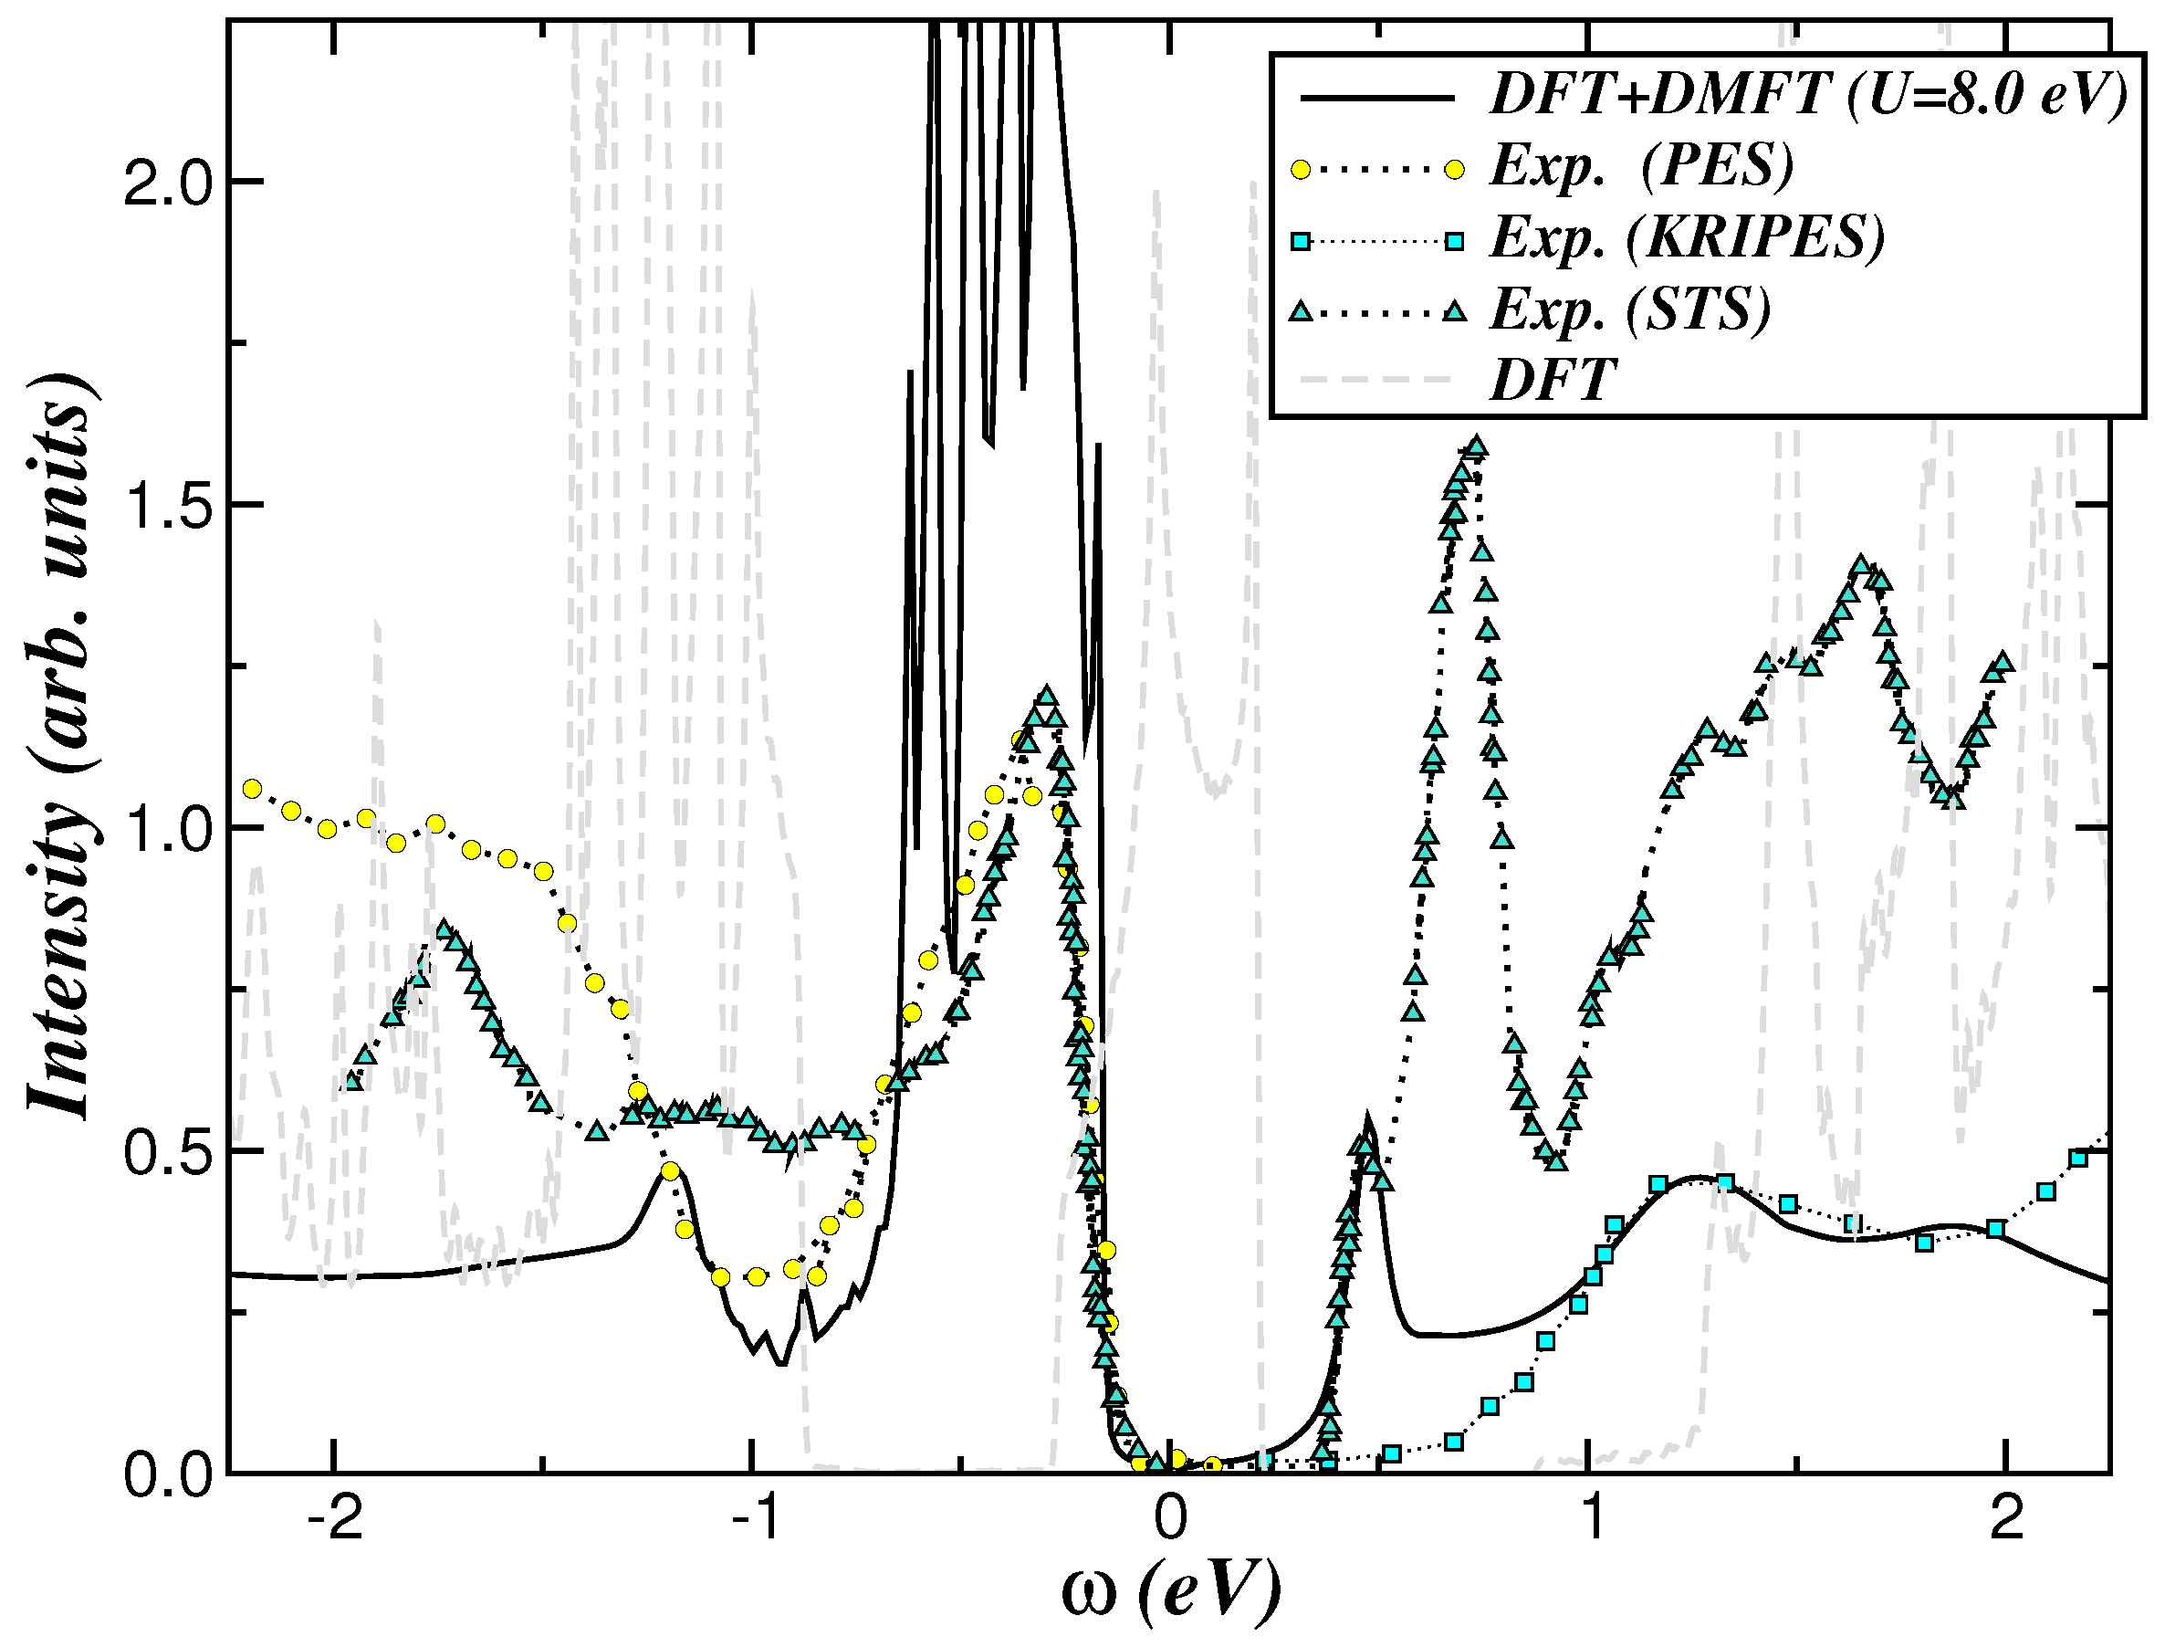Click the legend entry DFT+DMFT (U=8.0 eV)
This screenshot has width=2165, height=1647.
1808,96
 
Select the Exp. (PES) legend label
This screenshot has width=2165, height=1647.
1643,167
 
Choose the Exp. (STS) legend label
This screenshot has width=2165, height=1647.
1631,309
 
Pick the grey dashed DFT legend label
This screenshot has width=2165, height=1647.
1553,381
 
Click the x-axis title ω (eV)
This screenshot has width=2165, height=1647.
1170,1593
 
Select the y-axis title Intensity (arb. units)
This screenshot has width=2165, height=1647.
61,745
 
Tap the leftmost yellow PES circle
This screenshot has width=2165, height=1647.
252,788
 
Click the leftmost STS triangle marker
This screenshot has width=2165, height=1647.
354,1081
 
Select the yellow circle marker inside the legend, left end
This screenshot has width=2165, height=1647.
1301,169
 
